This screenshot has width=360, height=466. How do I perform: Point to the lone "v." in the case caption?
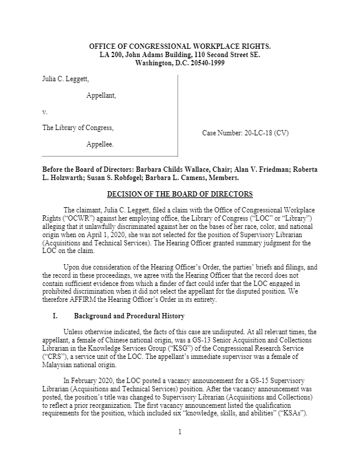45,111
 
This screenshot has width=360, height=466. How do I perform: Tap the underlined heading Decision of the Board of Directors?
180,194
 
